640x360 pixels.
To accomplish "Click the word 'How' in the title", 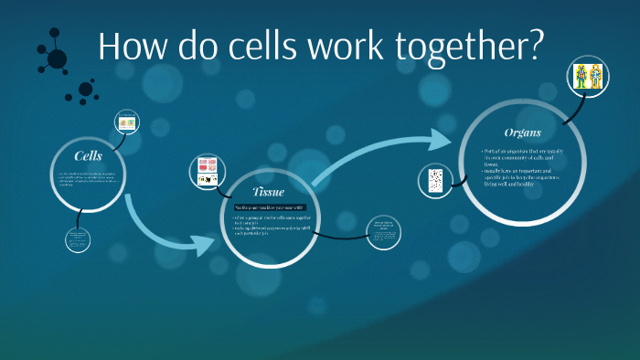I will click(133, 48).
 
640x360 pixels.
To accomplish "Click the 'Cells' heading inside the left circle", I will click(88, 156).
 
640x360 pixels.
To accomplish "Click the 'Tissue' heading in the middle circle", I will click(268, 192).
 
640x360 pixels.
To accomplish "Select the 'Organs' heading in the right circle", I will click(523, 132).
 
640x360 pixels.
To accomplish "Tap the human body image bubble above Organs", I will click(584, 76).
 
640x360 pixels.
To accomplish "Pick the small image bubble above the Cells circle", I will click(126, 122).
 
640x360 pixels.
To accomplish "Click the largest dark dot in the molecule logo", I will click(57, 59).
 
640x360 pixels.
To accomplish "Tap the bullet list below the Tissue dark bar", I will click(271, 225).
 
